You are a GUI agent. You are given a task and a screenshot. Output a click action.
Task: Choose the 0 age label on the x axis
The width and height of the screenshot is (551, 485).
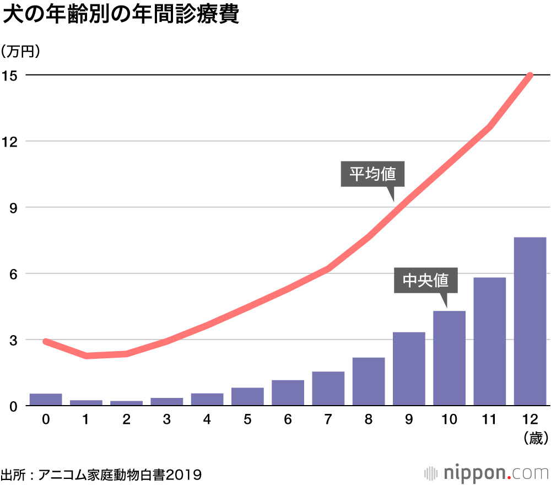click(46, 420)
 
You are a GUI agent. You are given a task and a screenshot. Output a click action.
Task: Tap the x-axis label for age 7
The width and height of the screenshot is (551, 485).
click(328, 420)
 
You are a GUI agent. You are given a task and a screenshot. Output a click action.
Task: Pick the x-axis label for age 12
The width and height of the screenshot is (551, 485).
click(530, 420)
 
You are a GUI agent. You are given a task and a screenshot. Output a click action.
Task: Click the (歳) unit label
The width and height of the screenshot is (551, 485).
click(533, 438)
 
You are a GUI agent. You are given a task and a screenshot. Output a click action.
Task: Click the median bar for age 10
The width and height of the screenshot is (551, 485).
click(449, 358)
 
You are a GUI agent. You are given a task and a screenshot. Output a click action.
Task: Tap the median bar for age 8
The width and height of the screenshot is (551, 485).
click(369, 381)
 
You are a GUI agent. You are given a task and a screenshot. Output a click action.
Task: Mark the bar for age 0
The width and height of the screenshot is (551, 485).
click(46, 400)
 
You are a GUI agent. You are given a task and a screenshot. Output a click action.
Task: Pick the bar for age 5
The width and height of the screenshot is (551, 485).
click(247, 397)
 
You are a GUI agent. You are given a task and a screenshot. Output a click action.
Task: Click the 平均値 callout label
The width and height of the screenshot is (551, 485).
click(372, 174)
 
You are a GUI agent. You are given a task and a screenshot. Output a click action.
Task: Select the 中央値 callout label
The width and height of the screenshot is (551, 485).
click(425, 281)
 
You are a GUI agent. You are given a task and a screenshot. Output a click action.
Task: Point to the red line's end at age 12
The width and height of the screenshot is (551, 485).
click(530, 76)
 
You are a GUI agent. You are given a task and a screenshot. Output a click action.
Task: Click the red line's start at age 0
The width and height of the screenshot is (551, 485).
click(46, 342)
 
